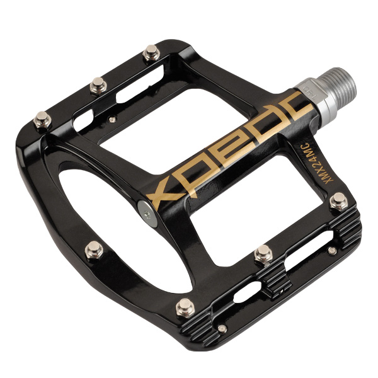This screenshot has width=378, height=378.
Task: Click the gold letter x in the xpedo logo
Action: point(164,187)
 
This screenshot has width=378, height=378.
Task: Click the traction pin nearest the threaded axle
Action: point(151,53)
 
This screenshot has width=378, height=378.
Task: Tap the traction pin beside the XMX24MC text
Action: point(338,201)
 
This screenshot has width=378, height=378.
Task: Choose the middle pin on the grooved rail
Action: point(264,254)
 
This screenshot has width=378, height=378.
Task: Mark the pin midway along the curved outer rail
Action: point(94,249)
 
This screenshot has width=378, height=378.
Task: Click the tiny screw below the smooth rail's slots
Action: point(112,118)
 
